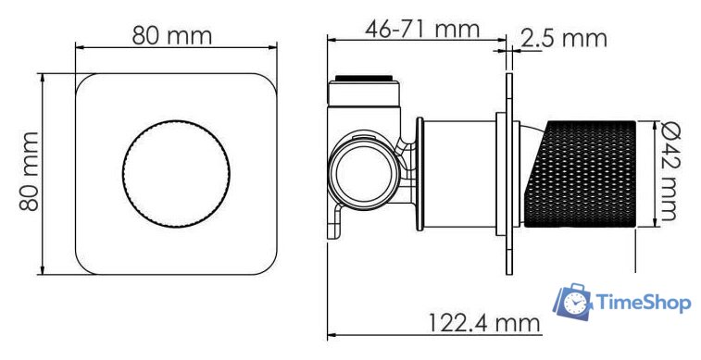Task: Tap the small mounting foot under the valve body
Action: (337, 225)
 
